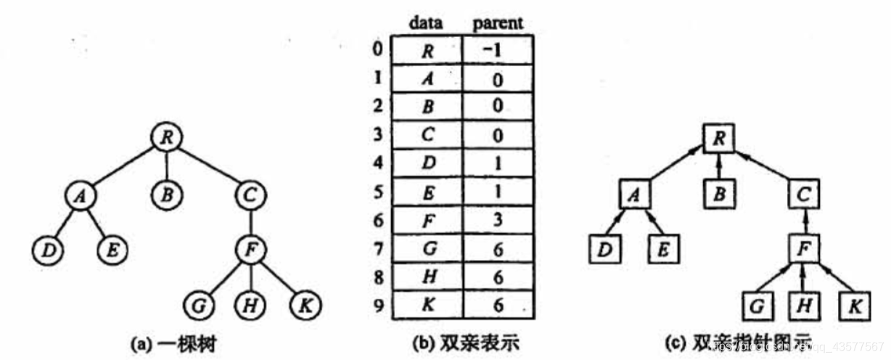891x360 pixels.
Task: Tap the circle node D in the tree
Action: click(48, 251)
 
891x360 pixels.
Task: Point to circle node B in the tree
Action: click(167, 195)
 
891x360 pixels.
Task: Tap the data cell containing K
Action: click(427, 306)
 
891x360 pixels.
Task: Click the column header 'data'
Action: click(427, 23)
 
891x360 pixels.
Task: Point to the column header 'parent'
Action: click(498, 23)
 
